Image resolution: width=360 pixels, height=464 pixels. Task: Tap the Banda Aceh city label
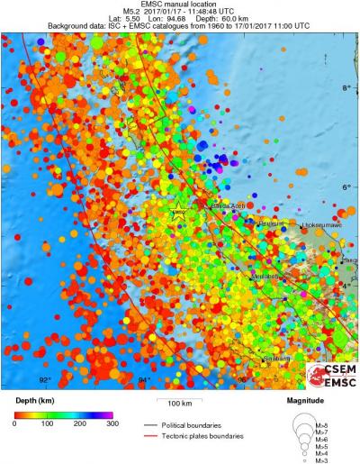click(226, 206)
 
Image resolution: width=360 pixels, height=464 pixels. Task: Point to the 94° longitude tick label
click(143, 379)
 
